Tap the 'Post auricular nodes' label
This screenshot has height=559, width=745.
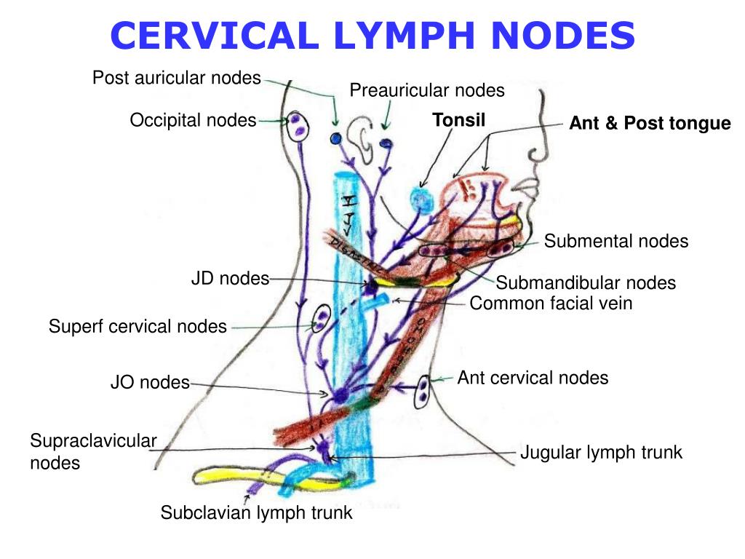coord(176,77)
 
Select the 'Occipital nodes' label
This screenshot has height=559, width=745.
coord(193,120)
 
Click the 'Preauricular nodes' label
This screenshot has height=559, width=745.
coord(426,90)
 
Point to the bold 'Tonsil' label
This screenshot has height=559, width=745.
coord(458,119)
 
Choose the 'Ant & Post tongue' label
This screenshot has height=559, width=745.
coord(649,124)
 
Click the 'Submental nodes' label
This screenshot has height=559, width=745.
coord(615,241)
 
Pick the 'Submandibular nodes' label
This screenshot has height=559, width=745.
coord(586,282)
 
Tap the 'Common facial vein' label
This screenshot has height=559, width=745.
coord(551,303)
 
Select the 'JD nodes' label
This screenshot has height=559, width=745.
coord(230,278)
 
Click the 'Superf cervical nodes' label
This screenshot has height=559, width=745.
coord(138,326)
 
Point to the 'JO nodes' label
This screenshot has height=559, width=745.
coord(149,382)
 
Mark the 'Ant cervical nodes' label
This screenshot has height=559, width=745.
coord(533,377)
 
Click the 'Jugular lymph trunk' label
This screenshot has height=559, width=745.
coord(601,452)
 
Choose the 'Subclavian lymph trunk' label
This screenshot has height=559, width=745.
coord(256,512)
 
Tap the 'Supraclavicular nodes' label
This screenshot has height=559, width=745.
coord(93,451)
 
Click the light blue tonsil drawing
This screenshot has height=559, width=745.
coord(421,198)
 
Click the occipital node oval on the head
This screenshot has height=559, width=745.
coord(298,126)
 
